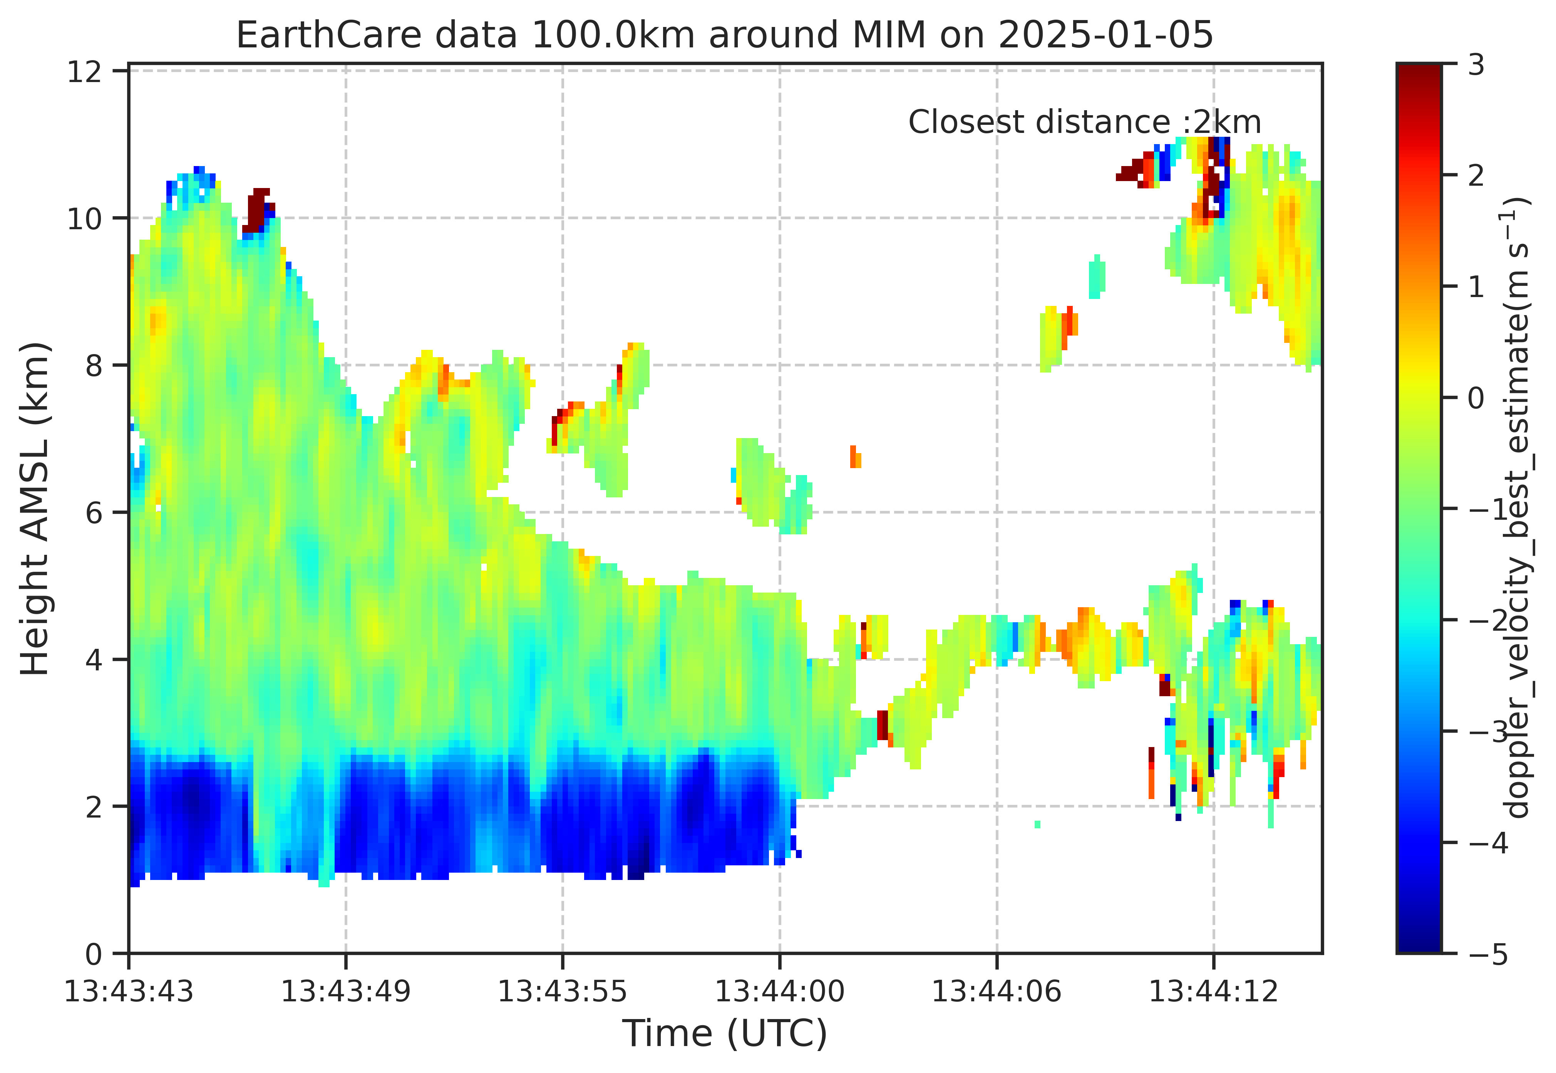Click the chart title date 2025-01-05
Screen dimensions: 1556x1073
click(x=1106, y=35)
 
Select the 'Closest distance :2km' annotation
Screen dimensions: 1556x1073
click(x=1084, y=123)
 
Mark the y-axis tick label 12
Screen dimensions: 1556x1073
click(x=85, y=71)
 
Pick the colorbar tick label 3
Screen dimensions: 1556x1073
click(x=1476, y=66)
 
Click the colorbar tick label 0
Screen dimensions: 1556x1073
click(x=1476, y=398)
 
